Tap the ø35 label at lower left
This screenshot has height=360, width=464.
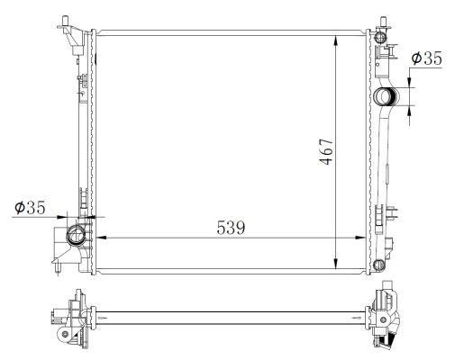(x=31, y=209)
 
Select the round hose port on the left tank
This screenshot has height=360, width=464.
(x=77, y=238)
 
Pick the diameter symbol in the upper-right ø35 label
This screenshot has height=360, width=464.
(x=416, y=58)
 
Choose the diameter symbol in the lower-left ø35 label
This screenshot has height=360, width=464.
(x=20, y=209)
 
